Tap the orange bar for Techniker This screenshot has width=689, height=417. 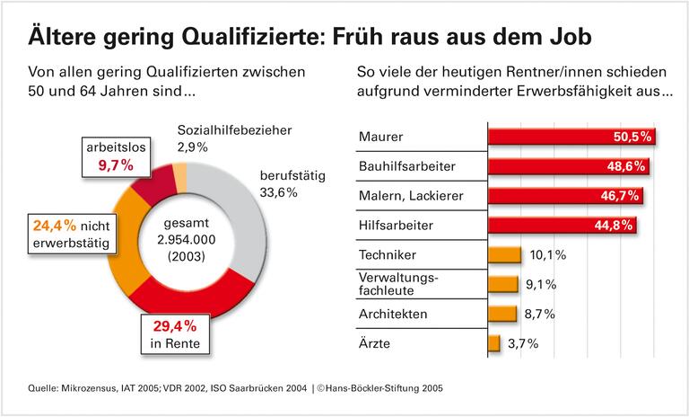(503, 255)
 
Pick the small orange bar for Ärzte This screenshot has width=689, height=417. (493, 343)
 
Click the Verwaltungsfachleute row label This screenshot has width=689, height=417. (398, 284)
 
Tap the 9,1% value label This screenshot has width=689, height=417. (541, 285)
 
